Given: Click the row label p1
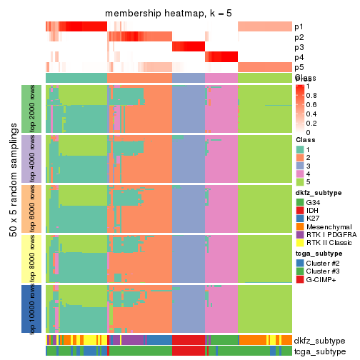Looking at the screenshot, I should tap(299, 27).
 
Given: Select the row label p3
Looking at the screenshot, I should tap(299, 47).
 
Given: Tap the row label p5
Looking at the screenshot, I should tap(299, 67).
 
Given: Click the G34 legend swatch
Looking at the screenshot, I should tap(300, 203).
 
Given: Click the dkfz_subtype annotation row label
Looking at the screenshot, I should tap(319, 340).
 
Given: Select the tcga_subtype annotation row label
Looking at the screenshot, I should tap(319, 351).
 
